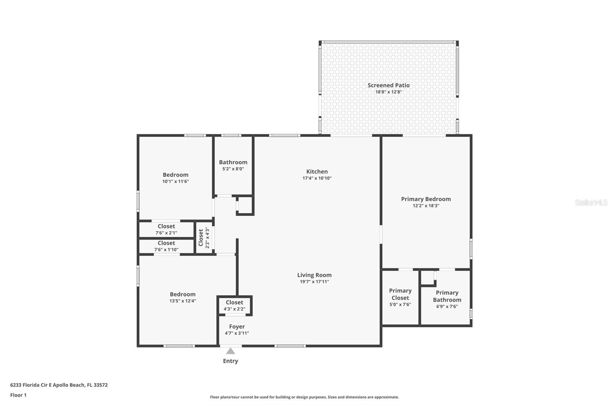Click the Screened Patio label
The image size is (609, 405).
pyautogui.click(x=389, y=85)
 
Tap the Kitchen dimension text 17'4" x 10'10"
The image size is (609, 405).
pyautogui.click(x=317, y=178)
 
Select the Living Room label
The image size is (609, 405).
pyautogui.click(x=314, y=275)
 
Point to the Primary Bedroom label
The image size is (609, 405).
pyautogui.click(x=426, y=199)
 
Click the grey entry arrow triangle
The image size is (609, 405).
pyautogui.click(x=231, y=351)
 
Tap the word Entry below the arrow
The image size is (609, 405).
pyautogui.click(x=231, y=361)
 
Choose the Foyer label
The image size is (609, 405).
pyautogui.click(x=237, y=327)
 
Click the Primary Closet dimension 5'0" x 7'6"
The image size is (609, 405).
pyautogui.click(x=400, y=305)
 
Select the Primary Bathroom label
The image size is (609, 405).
pyautogui.click(x=447, y=296)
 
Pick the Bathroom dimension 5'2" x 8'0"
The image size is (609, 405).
pyautogui.click(x=233, y=169)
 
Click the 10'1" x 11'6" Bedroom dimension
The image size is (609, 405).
pyautogui.click(x=175, y=181)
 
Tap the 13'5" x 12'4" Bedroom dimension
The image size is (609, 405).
pyautogui.click(x=183, y=301)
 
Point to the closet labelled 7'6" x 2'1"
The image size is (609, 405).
pyautogui.click(x=166, y=229)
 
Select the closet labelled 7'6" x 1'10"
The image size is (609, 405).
pyautogui.click(x=166, y=246)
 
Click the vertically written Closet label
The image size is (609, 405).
pyautogui.click(x=201, y=238)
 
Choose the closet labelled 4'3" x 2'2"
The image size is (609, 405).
pyautogui.click(x=234, y=305)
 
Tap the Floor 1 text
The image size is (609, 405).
pyautogui.click(x=19, y=395)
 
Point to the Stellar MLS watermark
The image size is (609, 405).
pyautogui.click(x=591, y=202)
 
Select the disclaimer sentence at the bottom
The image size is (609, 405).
pyautogui.click(x=304, y=397)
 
